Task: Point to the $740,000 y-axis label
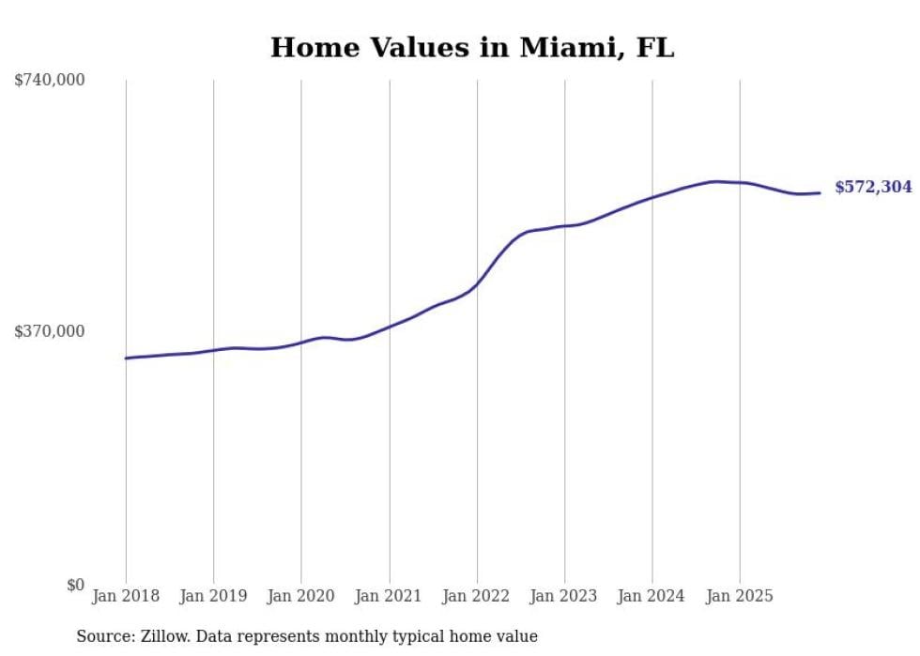pos(50,81)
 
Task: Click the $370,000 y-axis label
pos(50,331)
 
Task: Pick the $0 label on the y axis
pos(75,586)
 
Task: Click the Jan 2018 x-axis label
pos(126,596)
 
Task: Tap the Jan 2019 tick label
pos(214,596)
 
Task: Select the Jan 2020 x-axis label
pos(301,596)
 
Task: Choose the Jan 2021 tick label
pos(390,596)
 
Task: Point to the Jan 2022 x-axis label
pos(477,596)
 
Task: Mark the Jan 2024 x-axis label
pos(652,596)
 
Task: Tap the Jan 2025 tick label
pos(741,596)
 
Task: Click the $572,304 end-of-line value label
pos(873,188)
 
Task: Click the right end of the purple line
pos(820,193)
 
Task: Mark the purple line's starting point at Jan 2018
pos(126,359)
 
